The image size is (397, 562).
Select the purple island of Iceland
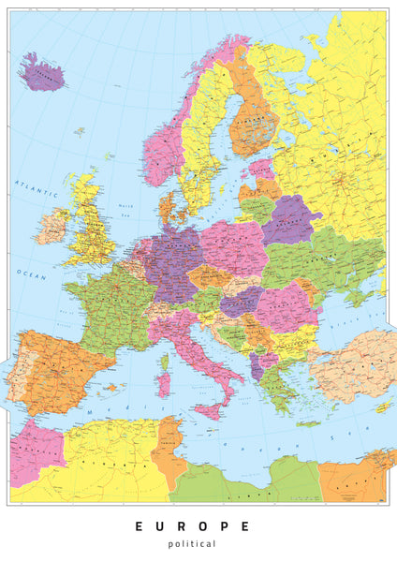pyautogui.click(x=41, y=72)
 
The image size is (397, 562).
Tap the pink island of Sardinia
pyautogui.click(x=163, y=384)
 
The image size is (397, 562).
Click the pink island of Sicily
pyautogui.click(x=209, y=408)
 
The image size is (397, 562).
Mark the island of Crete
pyautogui.click(x=308, y=423)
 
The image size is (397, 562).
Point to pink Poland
pyautogui.click(x=233, y=248)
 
